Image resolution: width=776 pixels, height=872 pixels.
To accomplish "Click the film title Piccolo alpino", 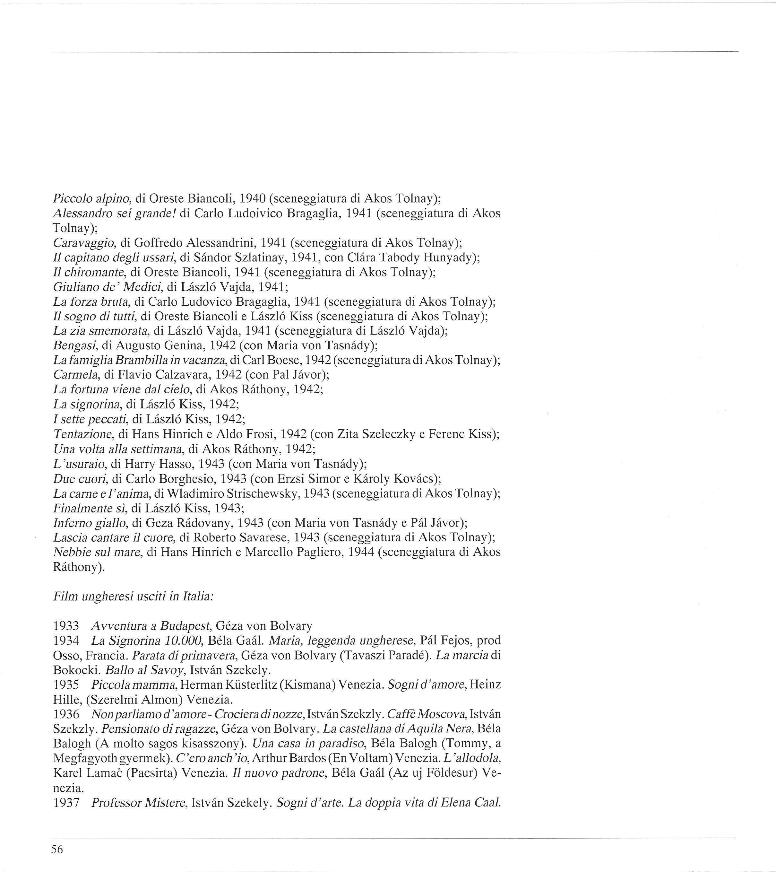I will [91, 198].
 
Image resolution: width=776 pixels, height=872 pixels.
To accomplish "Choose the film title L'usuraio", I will [79, 464].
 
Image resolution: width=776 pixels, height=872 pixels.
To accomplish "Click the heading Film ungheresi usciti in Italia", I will [133, 597].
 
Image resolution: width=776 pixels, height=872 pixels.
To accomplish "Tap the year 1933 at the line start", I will [66, 626].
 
